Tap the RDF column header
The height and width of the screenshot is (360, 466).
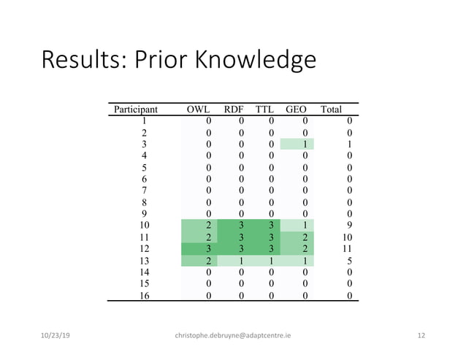click(237, 110)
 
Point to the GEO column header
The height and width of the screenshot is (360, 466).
click(296, 110)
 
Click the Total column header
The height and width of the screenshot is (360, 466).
click(331, 110)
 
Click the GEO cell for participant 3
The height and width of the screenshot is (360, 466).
click(305, 145)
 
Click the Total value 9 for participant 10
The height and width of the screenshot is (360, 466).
click(350, 226)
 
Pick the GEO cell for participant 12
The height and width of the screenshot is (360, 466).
click(305, 249)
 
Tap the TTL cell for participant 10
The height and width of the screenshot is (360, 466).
click(271, 226)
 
